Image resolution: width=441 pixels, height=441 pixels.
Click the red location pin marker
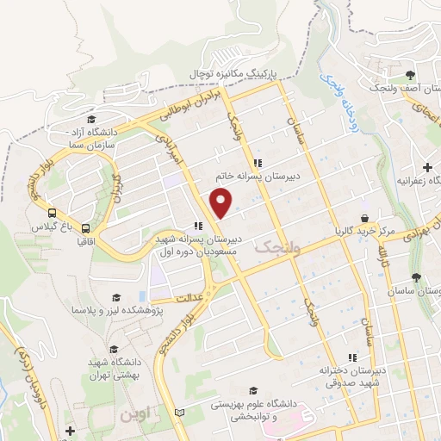[221, 202]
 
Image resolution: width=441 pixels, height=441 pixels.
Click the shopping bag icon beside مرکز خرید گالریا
[366, 219]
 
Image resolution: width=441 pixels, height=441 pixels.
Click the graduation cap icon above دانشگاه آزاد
[91, 121]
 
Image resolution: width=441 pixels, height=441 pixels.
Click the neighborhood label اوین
[134, 414]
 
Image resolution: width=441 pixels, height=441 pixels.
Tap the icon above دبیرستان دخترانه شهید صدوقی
[351, 357]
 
